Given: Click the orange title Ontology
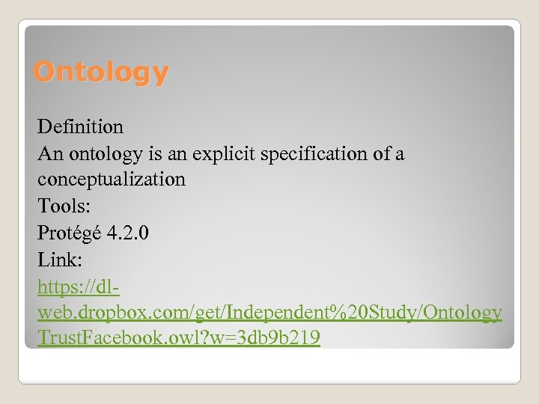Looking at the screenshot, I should [x=101, y=73].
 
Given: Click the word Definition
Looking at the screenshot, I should [x=80, y=127].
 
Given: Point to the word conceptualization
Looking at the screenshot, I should [x=112, y=180].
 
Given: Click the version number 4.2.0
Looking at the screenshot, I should [x=127, y=233].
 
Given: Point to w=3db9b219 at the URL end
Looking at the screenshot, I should [x=269, y=338].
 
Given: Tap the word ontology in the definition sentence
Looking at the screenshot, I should [x=105, y=154].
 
